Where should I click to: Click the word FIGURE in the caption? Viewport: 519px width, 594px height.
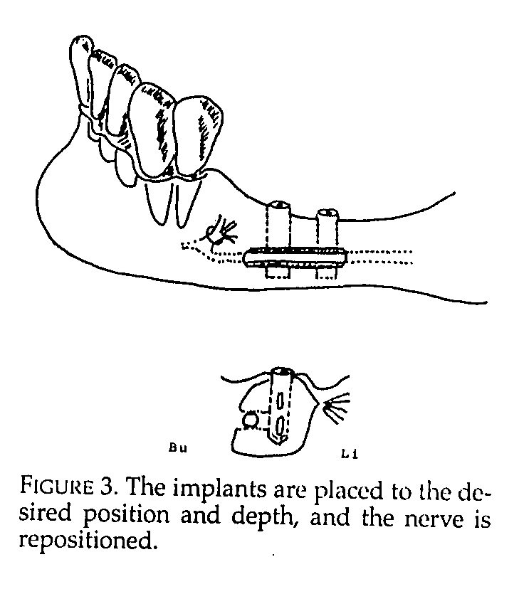point(56,485)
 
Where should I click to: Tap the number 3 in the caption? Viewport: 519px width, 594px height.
point(107,485)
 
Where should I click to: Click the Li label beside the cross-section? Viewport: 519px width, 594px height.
point(350,454)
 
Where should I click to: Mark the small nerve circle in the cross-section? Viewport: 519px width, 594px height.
point(250,420)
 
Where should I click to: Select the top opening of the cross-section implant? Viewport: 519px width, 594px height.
point(282,371)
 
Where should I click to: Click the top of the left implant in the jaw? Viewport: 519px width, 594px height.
point(278,205)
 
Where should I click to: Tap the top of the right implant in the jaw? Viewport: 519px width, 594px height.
point(327,213)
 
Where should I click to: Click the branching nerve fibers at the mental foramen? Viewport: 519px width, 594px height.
point(222,232)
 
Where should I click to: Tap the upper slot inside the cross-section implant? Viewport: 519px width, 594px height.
point(280,401)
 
